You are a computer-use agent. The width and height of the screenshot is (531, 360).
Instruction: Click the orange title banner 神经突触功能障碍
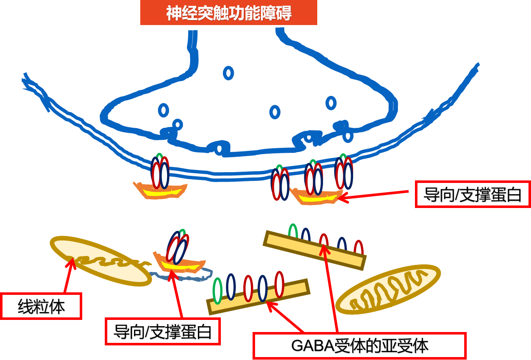tap(228, 13)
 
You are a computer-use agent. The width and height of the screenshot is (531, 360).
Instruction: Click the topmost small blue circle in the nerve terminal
tap(228, 73)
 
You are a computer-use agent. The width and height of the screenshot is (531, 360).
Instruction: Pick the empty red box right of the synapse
tap(472, 194)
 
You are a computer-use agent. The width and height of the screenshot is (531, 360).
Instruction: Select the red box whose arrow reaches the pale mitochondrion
tap(41, 306)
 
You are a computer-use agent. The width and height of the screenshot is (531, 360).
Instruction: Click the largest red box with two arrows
tap(359, 345)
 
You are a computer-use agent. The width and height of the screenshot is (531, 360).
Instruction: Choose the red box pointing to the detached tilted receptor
tap(162, 331)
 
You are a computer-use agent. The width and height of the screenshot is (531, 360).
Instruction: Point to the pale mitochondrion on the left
tap(101, 261)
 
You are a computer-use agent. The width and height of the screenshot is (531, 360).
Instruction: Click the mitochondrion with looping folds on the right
tap(388, 289)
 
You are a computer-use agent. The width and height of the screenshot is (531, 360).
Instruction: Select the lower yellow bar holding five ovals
tap(258, 297)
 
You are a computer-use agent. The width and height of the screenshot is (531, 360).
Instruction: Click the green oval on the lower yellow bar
tap(217, 291)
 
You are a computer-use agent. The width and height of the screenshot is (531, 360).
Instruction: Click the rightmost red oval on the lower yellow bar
tap(279, 284)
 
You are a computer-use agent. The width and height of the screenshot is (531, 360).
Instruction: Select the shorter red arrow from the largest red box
tap(286, 317)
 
